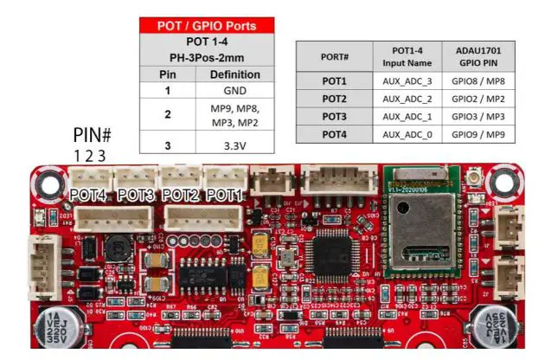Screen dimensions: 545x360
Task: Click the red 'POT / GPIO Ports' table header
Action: click(207, 25)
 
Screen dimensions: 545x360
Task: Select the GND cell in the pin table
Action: click(234, 90)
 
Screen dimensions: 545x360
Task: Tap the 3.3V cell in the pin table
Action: click(234, 145)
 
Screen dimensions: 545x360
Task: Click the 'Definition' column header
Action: click(234, 74)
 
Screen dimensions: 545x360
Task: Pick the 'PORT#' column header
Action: click(334, 57)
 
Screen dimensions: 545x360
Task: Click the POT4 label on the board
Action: click(89, 196)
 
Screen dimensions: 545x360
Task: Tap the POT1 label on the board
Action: click(224, 196)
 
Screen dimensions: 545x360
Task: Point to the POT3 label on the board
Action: click(135, 196)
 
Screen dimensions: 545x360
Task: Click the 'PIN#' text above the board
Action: click(92, 136)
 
